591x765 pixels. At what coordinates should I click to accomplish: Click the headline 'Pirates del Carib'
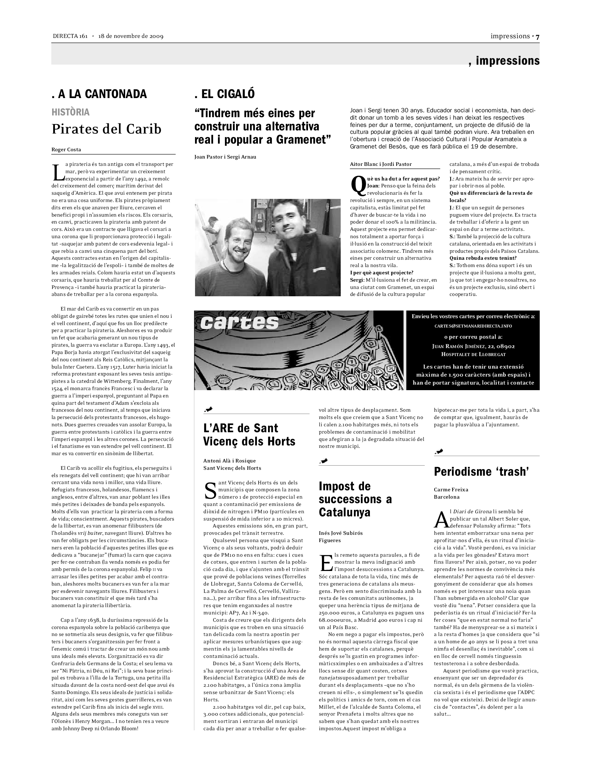[x=106, y=129]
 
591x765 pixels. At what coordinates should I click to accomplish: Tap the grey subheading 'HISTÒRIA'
[x=70, y=112]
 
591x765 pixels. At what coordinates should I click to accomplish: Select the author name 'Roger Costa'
[x=66, y=150]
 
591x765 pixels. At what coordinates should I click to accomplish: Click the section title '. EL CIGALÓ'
[x=225, y=94]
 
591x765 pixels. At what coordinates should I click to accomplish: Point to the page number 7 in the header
[x=537, y=37]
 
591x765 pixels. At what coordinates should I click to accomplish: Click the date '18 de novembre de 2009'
[x=131, y=37]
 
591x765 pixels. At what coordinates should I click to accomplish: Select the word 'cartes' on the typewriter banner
[x=240, y=323]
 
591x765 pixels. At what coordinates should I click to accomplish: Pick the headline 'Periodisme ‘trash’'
[x=481, y=472]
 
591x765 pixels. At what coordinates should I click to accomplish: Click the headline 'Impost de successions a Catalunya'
[x=355, y=499]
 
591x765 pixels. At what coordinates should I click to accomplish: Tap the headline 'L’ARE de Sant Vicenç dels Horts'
[x=249, y=435]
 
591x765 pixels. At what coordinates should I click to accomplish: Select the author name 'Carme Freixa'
[x=451, y=490]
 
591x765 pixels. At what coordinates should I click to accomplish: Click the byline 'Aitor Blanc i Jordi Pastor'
[x=381, y=164]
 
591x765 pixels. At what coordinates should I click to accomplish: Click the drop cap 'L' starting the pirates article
[x=57, y=172]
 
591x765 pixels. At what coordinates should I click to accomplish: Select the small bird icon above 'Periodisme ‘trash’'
[x=439, y=451]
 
